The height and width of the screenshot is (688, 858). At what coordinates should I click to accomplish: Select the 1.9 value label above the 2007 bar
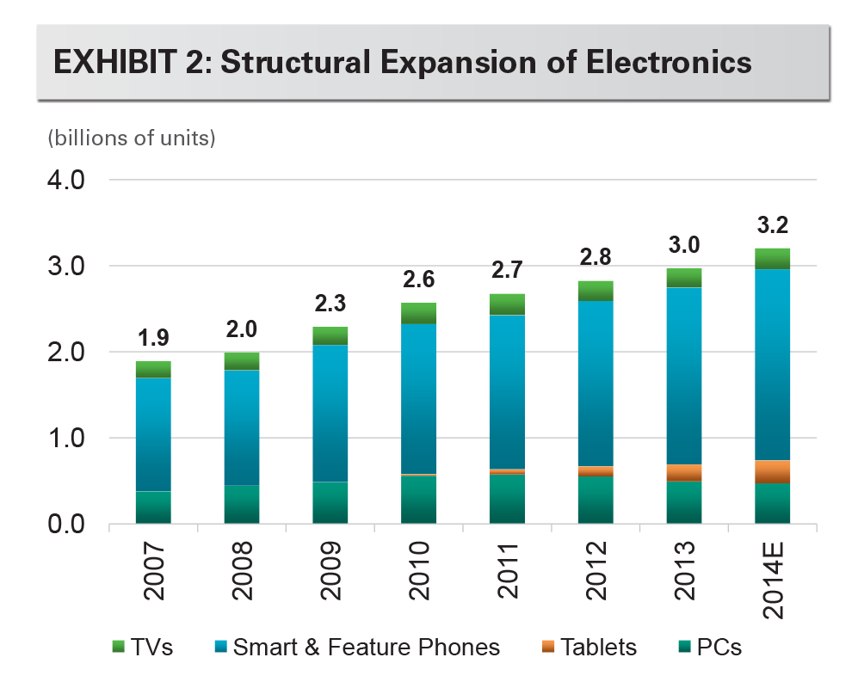[x=152, y=341]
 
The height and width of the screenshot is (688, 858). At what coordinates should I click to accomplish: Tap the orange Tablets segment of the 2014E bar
[x=772, y=471]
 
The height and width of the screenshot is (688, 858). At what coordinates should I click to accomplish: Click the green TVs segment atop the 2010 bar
[x=418, y=313]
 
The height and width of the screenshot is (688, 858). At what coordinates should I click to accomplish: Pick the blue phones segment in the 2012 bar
[x=596, y=383]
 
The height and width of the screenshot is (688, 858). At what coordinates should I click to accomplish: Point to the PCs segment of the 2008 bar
[x=241, y=504]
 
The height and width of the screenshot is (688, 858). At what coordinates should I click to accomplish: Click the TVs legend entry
[x=144, y=647]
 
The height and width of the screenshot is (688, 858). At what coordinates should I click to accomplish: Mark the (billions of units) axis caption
[x=130, y=138]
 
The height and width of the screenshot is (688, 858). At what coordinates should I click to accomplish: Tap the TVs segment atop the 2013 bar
[x=684, y=277]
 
